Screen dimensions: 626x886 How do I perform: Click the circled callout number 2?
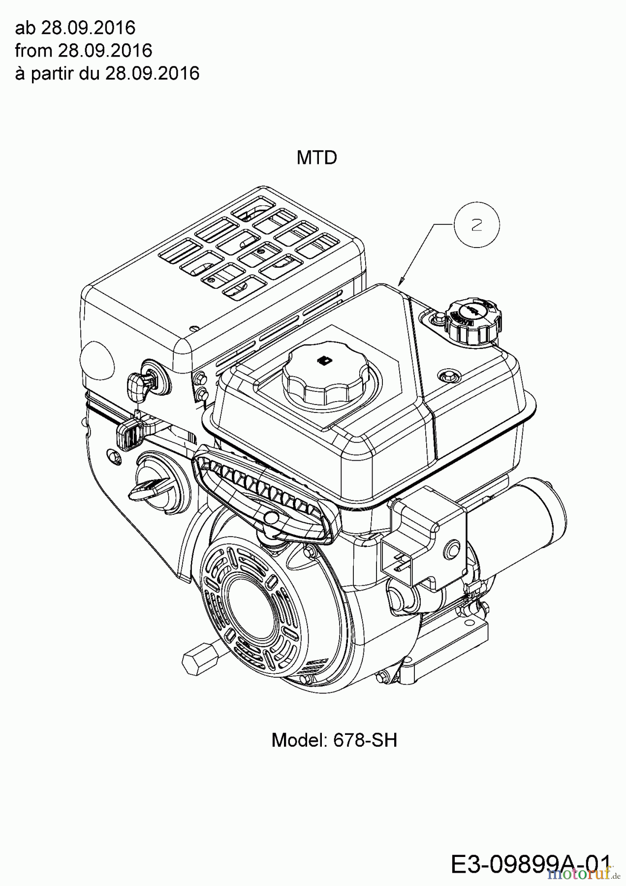[x=476, y=225]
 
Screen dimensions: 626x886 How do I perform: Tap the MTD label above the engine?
[x=317, y=158]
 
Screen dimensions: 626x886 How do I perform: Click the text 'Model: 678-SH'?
[x=334, y=740]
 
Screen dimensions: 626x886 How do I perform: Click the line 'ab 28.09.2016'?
[x=75, y=28]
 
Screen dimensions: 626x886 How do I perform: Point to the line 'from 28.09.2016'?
[x=83, y=51]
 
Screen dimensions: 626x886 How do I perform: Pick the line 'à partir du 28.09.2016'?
[x=107, y=73]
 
